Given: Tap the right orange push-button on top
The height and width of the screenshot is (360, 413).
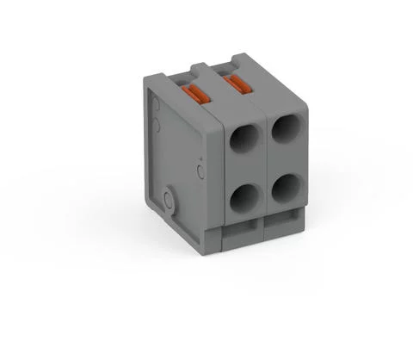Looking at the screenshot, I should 235,84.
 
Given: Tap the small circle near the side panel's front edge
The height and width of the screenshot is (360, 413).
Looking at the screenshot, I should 200,172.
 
